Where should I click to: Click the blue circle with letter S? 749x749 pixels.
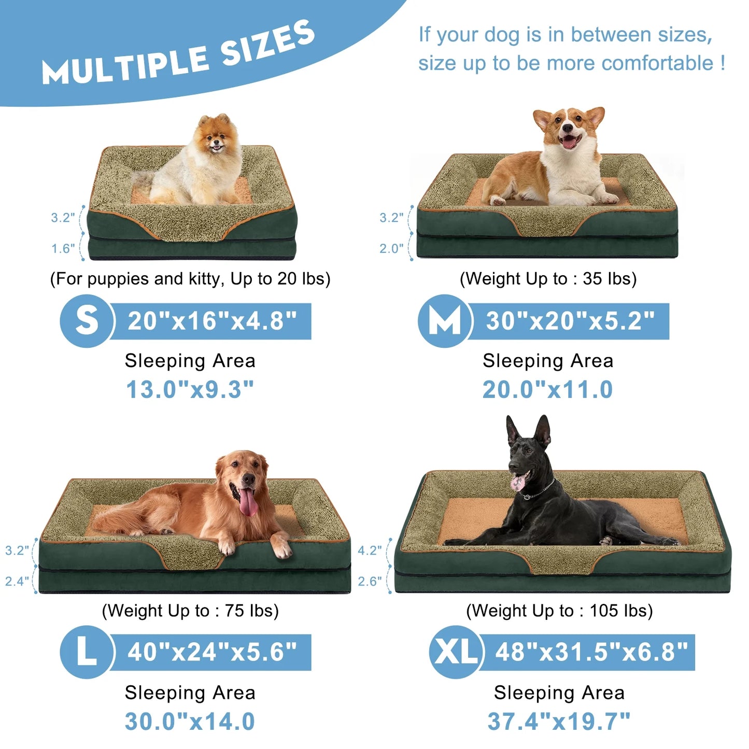pos(87,321)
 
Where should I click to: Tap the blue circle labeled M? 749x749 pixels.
pos(445,321)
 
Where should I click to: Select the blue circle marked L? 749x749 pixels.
pos(87,652)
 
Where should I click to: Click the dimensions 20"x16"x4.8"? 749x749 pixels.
pos(212,321)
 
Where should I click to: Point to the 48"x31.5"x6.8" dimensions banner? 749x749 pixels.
pos(591,652)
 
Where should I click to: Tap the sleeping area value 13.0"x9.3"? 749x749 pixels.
pos(190,390)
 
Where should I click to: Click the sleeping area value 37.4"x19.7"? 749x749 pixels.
pos(559,721)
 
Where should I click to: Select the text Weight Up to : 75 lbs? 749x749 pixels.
pos(190,611)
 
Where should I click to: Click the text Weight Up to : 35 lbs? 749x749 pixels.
pos(548,279)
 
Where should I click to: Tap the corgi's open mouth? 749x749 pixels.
pos(569,141)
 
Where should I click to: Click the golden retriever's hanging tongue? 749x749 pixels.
pos(248,502)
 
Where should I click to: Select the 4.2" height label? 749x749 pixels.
pos(370,550)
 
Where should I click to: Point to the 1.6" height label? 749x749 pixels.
pos(63,249)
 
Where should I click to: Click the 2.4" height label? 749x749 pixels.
pos(17,582)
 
